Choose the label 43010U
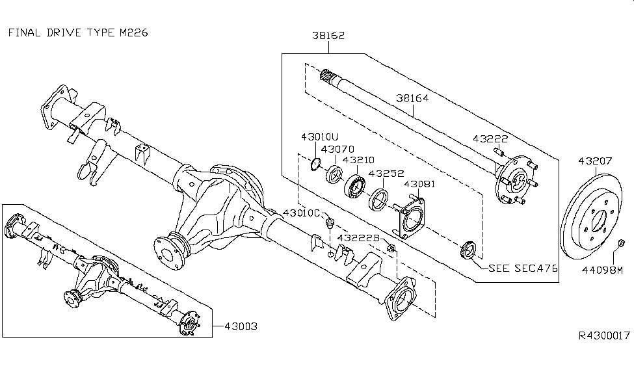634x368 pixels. (320, 137)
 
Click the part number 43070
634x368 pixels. (339, 149)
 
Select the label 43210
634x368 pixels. (360, 159)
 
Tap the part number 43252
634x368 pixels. (386, 174)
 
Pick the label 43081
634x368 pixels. (421, 185)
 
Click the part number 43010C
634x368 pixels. (302, 213)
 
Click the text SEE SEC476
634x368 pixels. (523, 268)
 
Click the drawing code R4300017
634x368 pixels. (603, 336)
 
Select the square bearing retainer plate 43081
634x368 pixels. (409, 220)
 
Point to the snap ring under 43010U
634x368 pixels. (315, 165)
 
